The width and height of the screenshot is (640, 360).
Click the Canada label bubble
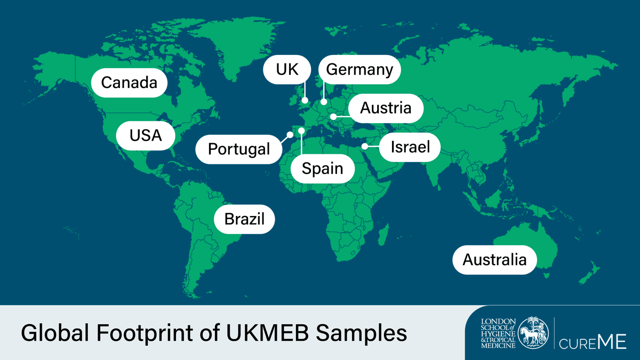[129, 83]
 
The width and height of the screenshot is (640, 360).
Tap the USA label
[146, 135]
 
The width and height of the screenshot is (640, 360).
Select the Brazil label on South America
[244, 219]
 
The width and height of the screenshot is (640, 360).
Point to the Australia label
[494, 260]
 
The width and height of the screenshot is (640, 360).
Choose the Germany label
[359, 69]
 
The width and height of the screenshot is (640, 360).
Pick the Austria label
[386, 108]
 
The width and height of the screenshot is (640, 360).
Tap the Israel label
[410, 147]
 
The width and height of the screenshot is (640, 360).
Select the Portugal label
[239, 149]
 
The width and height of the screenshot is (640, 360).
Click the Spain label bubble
[322, 169]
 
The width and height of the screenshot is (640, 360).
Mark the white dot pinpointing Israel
[365, 146]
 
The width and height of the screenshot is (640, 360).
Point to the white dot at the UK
[305, 100]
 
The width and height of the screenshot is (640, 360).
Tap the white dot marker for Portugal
[290, 135]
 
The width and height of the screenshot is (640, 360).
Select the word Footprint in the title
[140, 333]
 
